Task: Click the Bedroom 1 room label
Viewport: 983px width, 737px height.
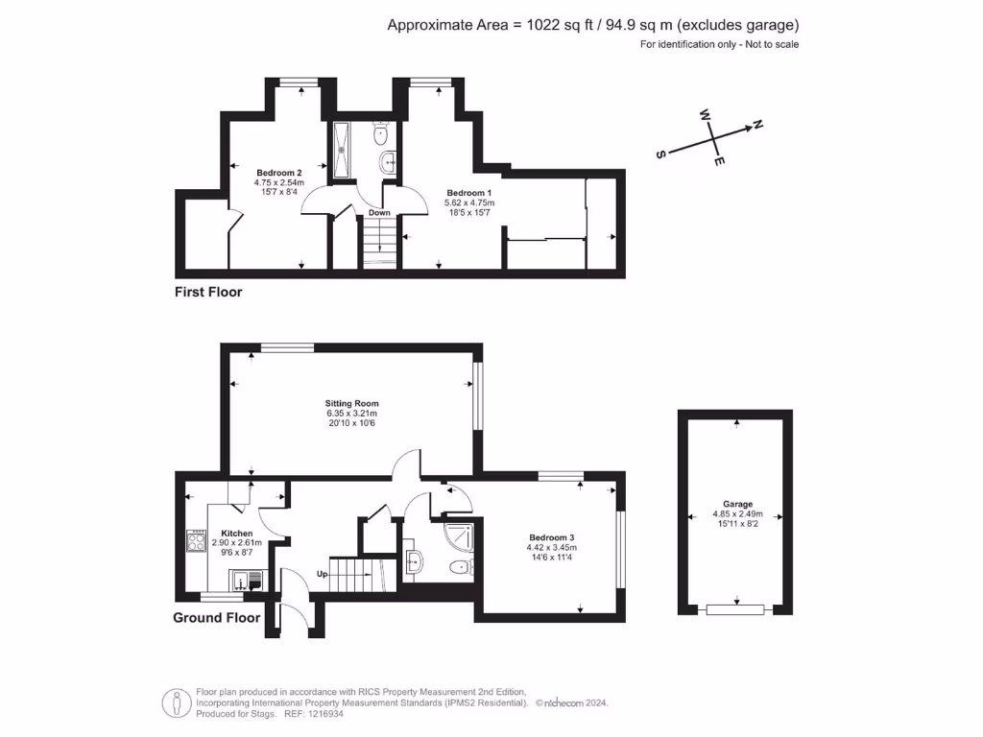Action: pyautogui.click(x=468, y=194)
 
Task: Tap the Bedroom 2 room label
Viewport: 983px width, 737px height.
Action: pyautogui.click(x=278, y=173)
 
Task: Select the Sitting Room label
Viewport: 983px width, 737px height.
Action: pyautogui.click(x=352, y=403)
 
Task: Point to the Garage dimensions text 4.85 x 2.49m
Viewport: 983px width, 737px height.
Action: pyautogui.click(x=737, y=513)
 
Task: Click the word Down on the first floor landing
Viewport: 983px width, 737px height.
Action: pyautogui.click(x=379, y=213)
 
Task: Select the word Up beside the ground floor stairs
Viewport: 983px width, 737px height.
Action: pyautogui.click(x=324, y=574)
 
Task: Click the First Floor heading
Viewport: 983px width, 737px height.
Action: pyautogui.click(x=208, y=292)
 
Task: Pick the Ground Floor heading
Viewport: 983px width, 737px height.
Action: pyautogui.click(x=216, y=618)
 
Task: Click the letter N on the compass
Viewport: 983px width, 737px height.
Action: pyautogui.click(x=756, y=124)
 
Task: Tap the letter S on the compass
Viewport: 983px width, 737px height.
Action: pyautogui.click(x=660, y=154)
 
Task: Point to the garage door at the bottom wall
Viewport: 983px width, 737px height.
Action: pyautogui.click(x=735, y=609)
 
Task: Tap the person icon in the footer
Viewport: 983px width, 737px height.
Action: pyautogui.click(x=173, y=702)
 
